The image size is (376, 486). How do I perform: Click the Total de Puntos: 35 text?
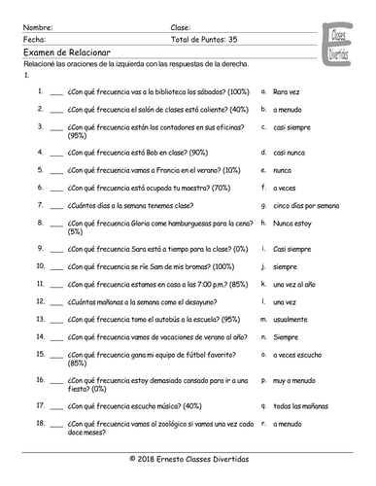click(x=204, y=40)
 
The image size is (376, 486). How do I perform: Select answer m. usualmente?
click(x=291, y=317)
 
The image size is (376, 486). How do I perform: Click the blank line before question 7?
click(x=55, y=206)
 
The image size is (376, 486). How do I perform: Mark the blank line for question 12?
click(x=55, y=300)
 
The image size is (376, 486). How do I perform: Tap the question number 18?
click(x=38, y=423)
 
